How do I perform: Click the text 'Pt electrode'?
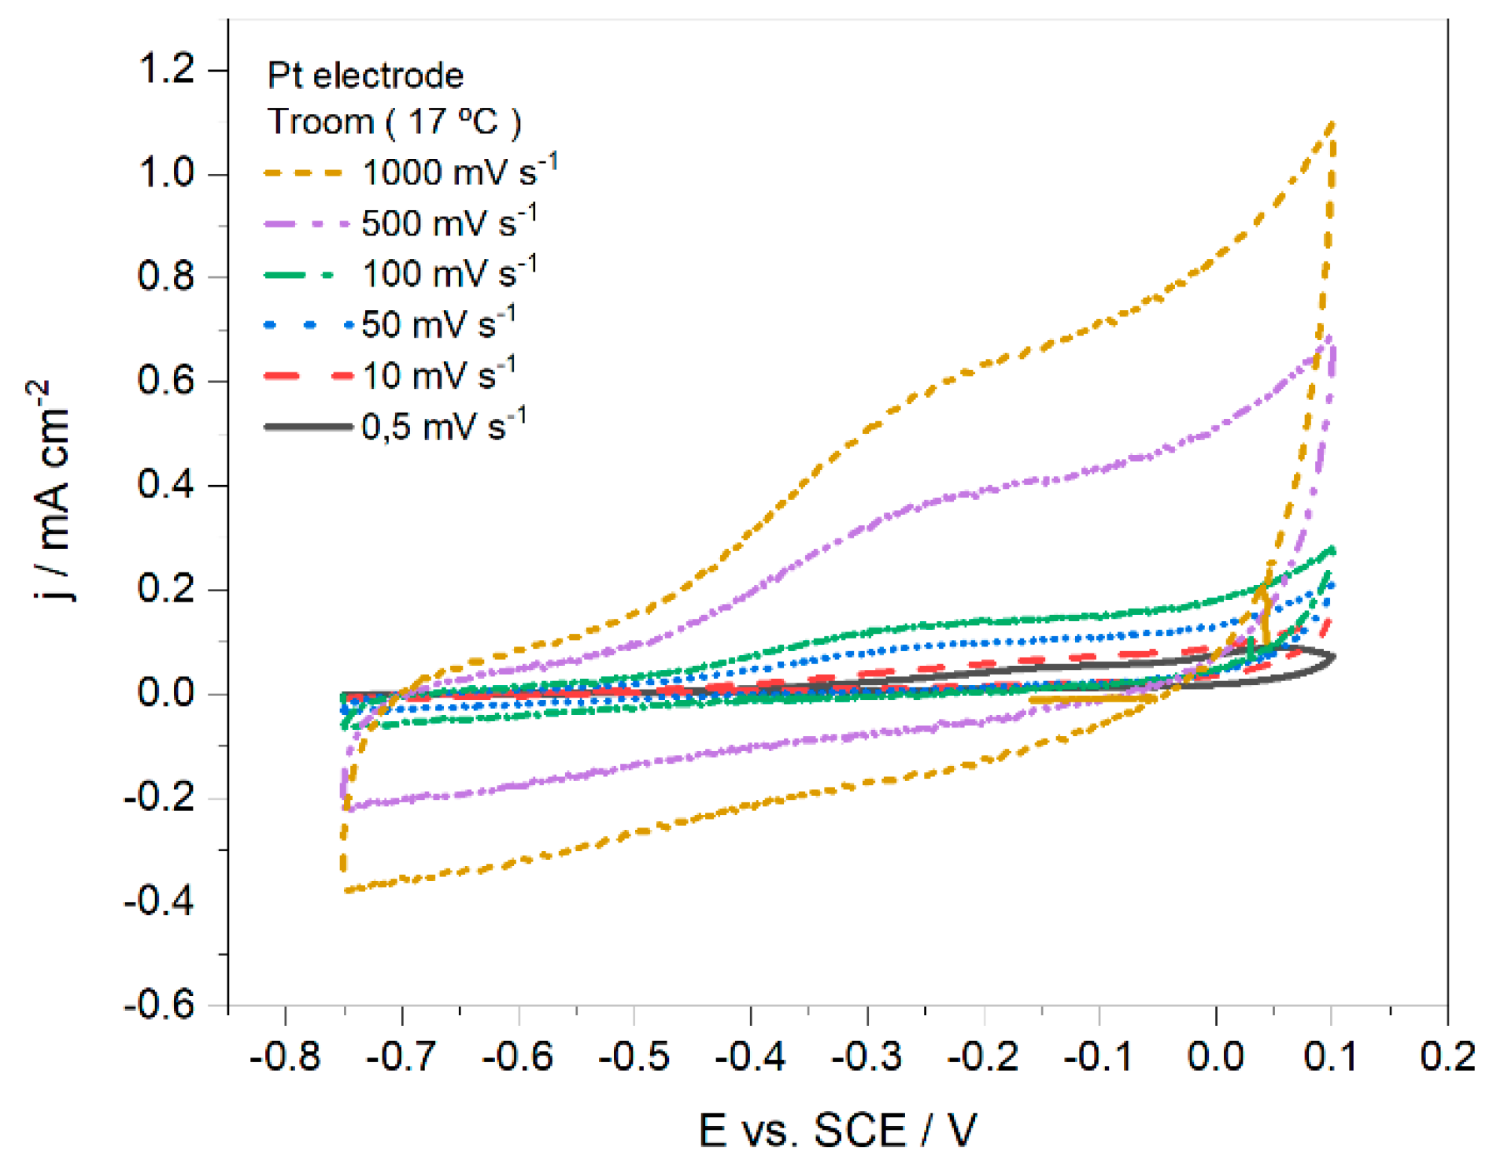(x=365, y=76)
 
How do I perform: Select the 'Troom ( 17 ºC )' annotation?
(x=394, y=122)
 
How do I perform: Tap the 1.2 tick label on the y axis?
(x=166, y=68)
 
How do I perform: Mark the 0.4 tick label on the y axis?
(x=166, y=484)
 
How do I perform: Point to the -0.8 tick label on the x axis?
(x=285, y=1056)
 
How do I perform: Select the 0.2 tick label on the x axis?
(x=1447, y=1056)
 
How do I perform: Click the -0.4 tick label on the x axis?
(x=750, y=1056)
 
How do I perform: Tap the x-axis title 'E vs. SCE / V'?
(x=837, y=1131)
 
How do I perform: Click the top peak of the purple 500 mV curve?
(x=1329, y=339)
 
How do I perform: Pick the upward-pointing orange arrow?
(x=1263, y=614)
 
